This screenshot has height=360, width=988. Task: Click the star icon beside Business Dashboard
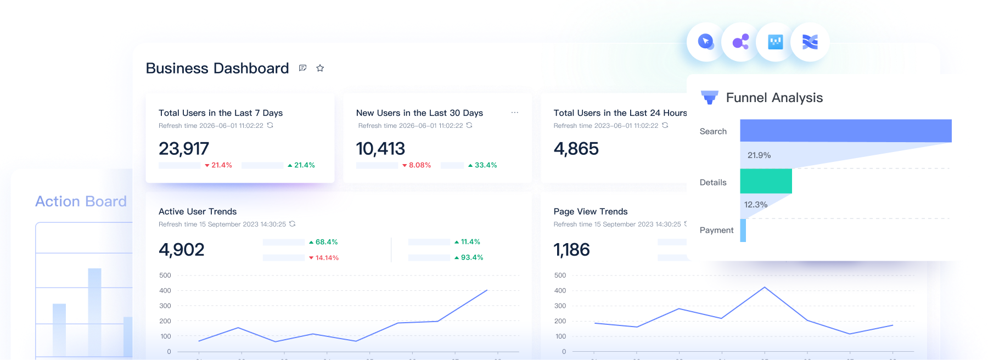click(320, 68)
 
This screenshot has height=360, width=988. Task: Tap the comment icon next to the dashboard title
click(302, 68)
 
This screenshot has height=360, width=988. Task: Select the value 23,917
click(184, 149)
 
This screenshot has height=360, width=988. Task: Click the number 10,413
click(380, 149)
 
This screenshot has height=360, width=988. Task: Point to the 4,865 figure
click(576, 149)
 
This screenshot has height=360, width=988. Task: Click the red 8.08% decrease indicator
click(417, 165)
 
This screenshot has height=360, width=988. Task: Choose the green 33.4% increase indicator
click(482, 165)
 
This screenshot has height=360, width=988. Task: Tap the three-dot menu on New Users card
click(514, 113)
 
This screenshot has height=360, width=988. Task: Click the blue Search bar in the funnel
click(845, 131)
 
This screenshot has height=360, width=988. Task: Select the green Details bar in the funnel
click(766, 181)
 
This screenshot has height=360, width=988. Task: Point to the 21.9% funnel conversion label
click(759, 155)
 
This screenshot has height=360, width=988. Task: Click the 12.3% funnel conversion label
click(756, 205)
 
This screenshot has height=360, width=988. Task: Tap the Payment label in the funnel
click(716, 230)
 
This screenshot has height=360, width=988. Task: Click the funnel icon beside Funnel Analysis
click(710, 98)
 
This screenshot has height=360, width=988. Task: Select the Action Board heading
click(81, 201)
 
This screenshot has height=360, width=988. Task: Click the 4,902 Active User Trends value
click(181, 250)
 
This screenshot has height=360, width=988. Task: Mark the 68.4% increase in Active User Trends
click(323, 242)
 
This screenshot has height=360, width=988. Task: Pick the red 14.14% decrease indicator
click(324, 258)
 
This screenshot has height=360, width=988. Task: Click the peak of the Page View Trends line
click(765, 287)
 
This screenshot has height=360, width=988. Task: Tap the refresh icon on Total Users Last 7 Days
click(270, 126)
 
